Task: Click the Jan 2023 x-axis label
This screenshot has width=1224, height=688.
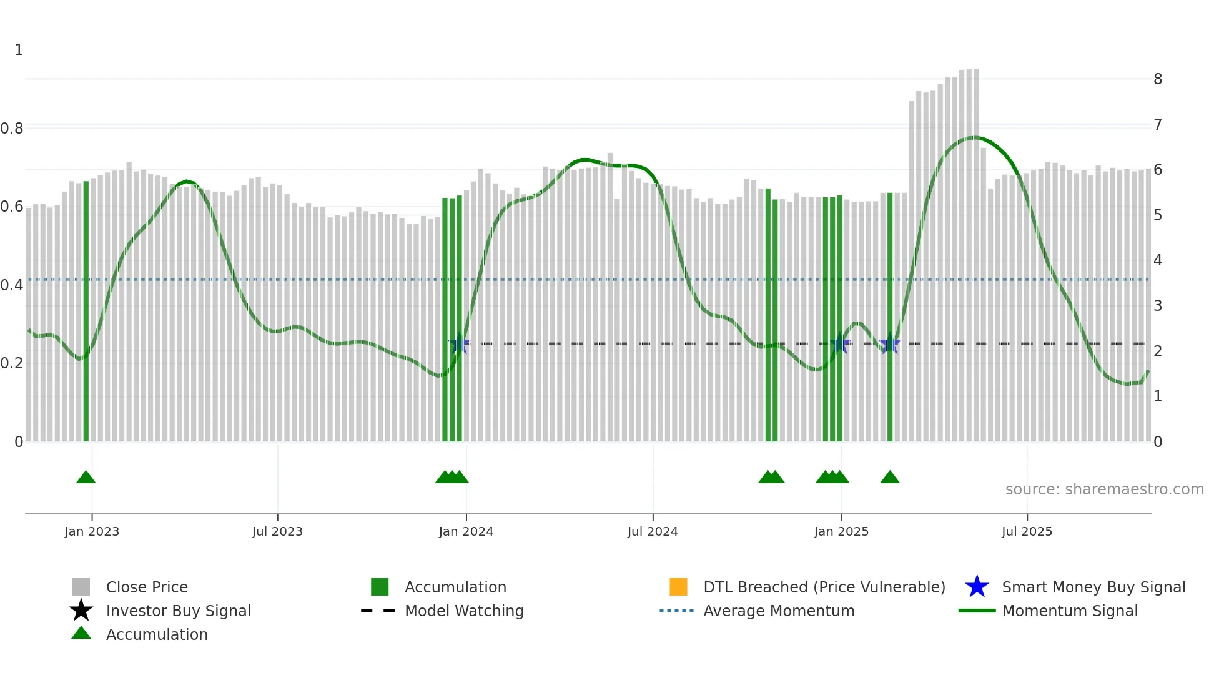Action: pos(92,532)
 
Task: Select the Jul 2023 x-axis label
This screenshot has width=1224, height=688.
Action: pos(277,532)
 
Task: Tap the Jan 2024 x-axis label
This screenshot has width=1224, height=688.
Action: pos(466,532)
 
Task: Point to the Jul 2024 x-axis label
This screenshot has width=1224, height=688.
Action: pos(653,532)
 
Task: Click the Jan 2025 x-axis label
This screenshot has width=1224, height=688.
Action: pos(841,532)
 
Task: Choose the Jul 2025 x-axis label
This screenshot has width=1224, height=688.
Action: pos(1027,532)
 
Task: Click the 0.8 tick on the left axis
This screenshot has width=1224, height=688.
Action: pos(12,129)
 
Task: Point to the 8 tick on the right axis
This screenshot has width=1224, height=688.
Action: pos(1158,79)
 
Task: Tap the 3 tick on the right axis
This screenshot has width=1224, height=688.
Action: pos(1158,306)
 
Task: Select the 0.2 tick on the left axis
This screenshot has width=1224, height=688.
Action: pos(12,363)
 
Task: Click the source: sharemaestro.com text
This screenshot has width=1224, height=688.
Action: pos(1104,489)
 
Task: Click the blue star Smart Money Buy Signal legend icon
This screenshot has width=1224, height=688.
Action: pos(977,587)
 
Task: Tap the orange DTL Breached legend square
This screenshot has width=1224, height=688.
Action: pos(678,587)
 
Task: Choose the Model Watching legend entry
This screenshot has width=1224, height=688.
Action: pos(464,611)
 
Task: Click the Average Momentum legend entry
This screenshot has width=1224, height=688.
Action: pos(779,611)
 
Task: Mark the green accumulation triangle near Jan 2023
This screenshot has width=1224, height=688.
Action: pos(86,478)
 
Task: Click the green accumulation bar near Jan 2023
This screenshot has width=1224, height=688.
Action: pos(86,312)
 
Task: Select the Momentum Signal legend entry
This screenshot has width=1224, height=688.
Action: pos(1070,611)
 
